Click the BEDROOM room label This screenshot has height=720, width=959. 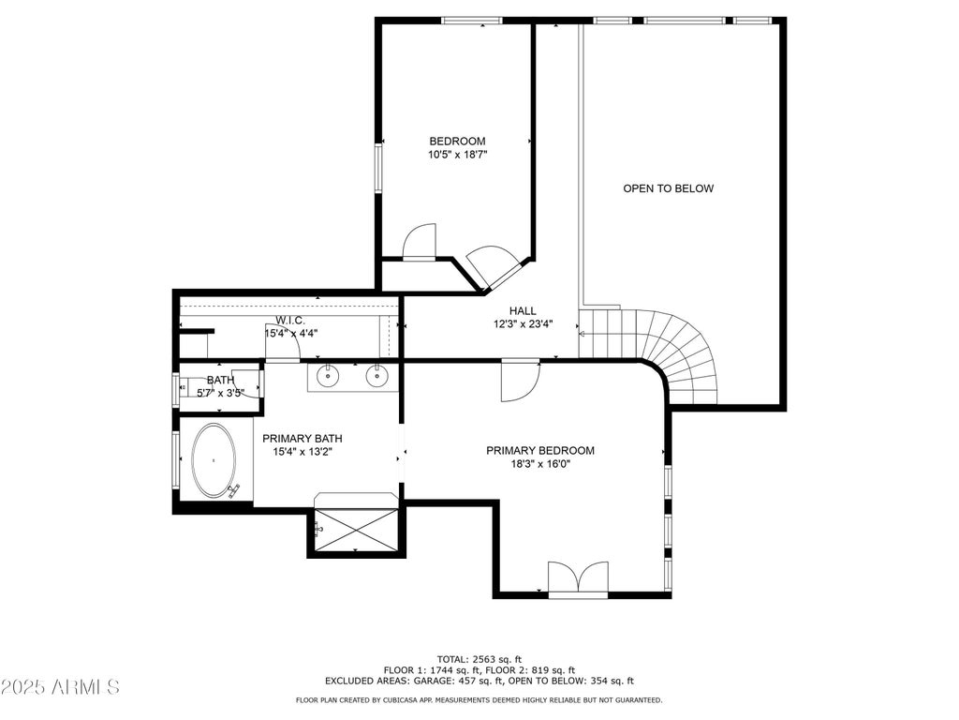[x=457, y=142]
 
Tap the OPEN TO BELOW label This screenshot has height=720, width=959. [x=668, y=188]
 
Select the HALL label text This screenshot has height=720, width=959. [x=523, y=311]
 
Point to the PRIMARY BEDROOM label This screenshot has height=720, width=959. [x=540, y=451]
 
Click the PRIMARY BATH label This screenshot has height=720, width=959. [x=302, y=439]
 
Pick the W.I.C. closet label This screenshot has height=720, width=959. [x=290, y=321]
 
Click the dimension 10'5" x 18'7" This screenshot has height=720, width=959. [x=457, y=155]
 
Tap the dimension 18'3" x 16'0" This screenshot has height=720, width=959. [x=540, y=464]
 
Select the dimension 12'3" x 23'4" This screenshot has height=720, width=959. [x=523, y=324]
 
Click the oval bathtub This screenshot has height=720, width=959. [x=214, y=459]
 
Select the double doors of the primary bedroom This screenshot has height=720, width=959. [x=578, y=577]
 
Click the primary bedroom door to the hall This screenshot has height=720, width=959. [x=520, y=382]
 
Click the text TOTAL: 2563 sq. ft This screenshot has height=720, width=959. [x=479, y=659]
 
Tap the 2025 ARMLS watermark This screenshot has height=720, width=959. [x=60, y=687]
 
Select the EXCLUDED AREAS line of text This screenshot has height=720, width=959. [x=479, y=681]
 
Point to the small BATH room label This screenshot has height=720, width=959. [x=220, y=381]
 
